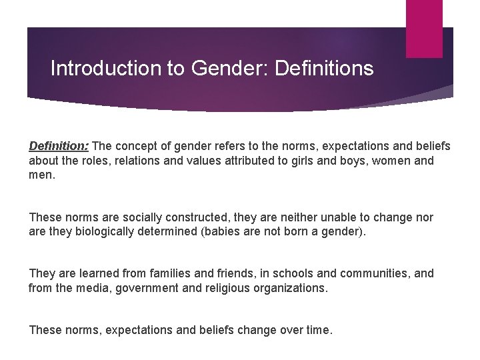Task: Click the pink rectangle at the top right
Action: [424, 28]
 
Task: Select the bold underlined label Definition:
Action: [59, 145]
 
